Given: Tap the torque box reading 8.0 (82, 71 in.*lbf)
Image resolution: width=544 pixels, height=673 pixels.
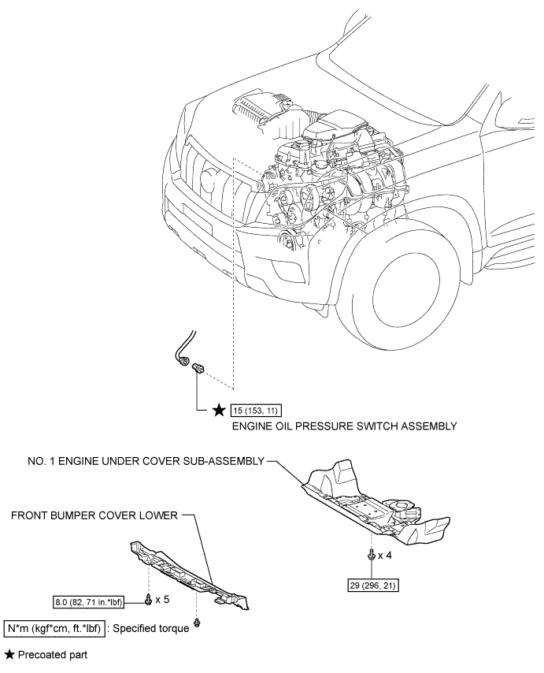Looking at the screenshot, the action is coord(89,603).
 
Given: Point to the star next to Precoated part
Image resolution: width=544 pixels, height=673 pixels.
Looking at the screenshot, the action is coord(9,655).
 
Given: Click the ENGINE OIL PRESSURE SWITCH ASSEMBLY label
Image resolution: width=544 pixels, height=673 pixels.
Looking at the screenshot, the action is coord(344,426).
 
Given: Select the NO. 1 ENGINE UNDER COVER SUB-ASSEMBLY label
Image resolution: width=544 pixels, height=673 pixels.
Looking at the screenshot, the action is coord(146,461).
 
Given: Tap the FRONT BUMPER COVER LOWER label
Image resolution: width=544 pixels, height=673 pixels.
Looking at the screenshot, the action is coord(94,515).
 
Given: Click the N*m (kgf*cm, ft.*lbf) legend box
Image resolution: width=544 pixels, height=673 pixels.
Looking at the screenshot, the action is coord(54,628).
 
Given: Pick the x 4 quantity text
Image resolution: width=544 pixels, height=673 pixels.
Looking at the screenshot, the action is coord(384,556).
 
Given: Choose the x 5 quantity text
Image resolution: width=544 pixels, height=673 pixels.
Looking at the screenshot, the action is coord(162,599).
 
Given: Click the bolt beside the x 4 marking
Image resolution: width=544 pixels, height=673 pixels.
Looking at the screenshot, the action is coord(372,556).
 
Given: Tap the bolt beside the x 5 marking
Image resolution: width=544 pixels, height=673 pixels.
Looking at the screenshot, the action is coord(149,599).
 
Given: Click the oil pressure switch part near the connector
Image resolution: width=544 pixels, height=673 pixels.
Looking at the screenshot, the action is coord(198,368).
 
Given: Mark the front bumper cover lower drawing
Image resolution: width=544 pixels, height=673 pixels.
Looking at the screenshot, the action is coord(189,575).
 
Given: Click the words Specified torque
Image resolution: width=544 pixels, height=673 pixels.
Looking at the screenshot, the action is coord(151,629).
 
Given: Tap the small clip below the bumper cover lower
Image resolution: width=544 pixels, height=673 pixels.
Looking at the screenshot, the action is coord(197,623).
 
